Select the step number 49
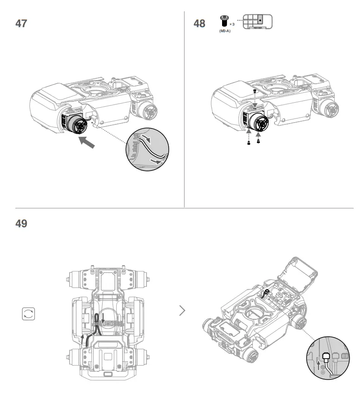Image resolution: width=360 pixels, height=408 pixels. click(x=21, y=223)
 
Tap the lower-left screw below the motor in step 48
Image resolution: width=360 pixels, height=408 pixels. click(x=248, y=142)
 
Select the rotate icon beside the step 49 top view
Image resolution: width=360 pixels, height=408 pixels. click(x=28, y=314)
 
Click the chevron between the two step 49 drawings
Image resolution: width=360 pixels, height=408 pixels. click(x=182, y=310)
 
